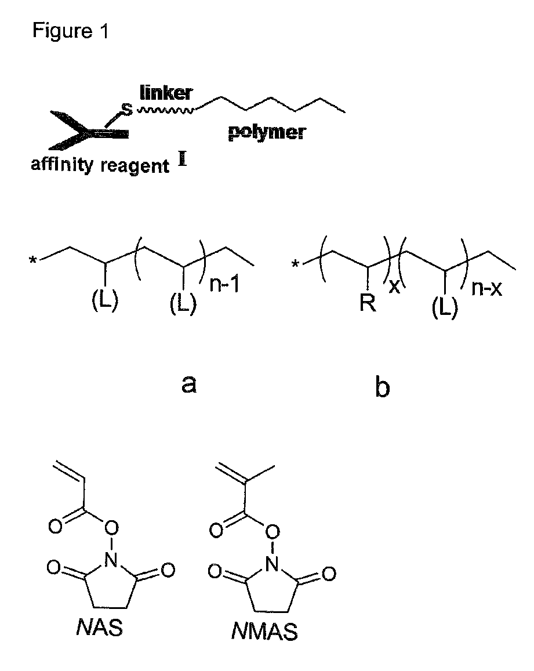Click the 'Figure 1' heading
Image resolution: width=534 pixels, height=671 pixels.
(70, 31)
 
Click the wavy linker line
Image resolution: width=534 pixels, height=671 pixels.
(165, 109)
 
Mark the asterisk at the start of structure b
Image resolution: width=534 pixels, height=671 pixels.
(296, 266)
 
